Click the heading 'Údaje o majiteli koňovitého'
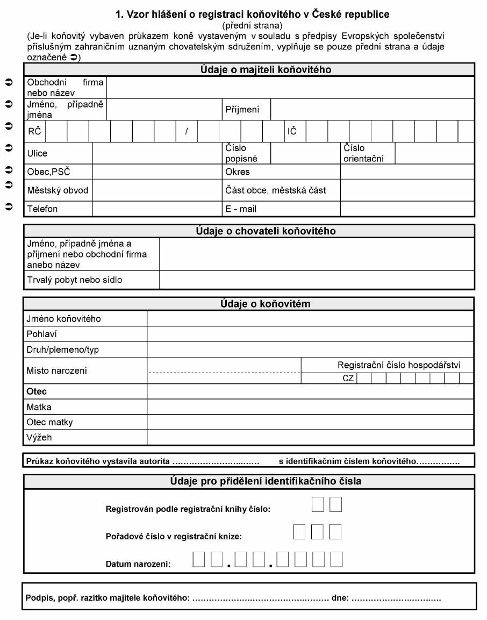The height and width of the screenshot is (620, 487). (x=266, y=70)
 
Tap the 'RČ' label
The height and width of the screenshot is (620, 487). (x=34, y=131)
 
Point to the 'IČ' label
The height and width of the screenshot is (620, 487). (x=292, y=131)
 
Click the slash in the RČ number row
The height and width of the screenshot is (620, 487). (x=187, y=131)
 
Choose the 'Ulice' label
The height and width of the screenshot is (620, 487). (x=37, y=153)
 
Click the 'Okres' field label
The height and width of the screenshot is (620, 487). (x=237, y=172)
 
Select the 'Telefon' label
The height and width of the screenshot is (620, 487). (x=42, y=209)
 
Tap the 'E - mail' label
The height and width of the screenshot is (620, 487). (x=240, y=209)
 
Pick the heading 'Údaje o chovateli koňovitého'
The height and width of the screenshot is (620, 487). (x=266, y=231)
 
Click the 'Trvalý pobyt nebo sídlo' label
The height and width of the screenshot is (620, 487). (x=74, y=280)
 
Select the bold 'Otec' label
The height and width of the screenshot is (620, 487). (x=37, y=391)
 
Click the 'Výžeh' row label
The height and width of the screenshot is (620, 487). (x=39, y=438)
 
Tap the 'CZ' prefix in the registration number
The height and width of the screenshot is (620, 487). (x=348, y=378)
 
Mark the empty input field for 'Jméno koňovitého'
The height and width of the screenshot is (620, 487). (x=310, y=319)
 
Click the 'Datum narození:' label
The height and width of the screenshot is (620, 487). (x=138, y=564)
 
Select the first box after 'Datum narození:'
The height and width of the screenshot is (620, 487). (x=199, y=560)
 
